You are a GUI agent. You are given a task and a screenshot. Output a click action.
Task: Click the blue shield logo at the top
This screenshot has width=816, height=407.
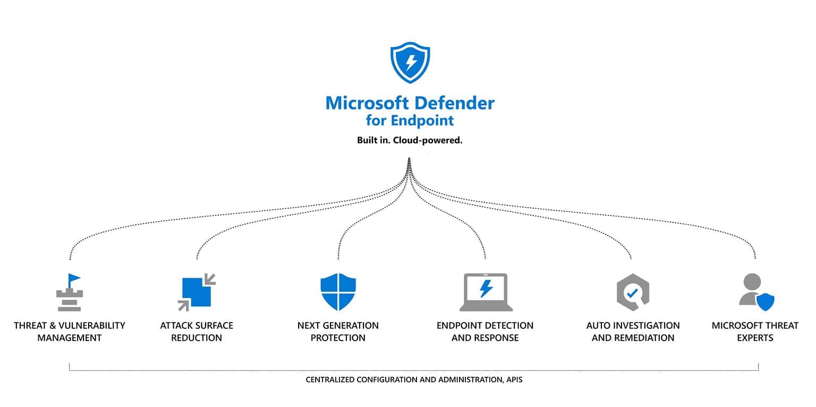pos(410,63)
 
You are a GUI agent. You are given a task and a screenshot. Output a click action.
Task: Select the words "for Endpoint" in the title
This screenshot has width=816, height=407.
pos(410,120)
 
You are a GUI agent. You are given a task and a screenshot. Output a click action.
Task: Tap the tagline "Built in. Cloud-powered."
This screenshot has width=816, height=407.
pos(410,141)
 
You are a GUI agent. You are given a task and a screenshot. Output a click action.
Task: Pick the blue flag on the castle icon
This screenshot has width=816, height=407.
pos(74,278)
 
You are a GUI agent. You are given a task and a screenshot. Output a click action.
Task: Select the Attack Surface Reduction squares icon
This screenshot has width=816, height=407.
pos(197,292)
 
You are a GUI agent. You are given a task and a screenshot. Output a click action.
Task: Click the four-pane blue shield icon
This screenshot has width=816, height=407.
pos(338,292)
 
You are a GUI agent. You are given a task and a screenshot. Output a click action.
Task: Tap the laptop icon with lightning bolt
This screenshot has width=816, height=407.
pos(486,292)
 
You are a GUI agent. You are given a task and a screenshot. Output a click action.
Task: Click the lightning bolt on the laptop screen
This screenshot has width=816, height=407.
pos(486,289)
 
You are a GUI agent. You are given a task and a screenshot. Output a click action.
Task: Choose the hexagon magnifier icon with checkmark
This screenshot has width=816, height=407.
pos(633,292)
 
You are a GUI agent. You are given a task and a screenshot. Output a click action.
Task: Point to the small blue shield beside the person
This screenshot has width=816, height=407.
pos(765,302)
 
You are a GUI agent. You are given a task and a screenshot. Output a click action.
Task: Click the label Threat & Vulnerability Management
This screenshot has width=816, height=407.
pos(69,332)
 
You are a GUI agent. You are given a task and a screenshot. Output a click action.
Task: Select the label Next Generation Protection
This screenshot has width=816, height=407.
pos(338,332)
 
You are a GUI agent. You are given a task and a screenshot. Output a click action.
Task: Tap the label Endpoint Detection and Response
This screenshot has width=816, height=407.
pos(485,332)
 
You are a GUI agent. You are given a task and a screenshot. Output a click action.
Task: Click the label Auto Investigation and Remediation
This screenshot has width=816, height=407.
pos(633,332)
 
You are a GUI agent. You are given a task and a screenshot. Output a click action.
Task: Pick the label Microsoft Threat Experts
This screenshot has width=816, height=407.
pos(755,332)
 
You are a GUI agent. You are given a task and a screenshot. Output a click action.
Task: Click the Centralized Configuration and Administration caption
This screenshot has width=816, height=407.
pos(414,380)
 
